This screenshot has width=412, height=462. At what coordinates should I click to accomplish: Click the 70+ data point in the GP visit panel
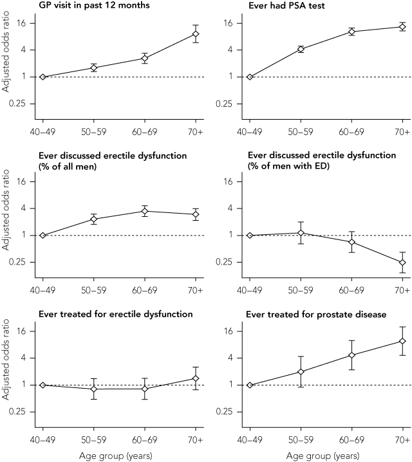pyautogui.click(x=196, y=33)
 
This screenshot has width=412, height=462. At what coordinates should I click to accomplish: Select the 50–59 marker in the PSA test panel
pyautogui.click(x=301, y=49)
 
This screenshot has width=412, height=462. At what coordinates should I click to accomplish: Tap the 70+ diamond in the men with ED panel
pyautogui.click(x=402, y=263)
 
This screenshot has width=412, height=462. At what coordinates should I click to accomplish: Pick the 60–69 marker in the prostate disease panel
pyautogui.click(x=351, y=355)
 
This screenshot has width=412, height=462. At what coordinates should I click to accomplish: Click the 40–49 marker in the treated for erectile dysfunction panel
pyautogui.click(x=42, y=385)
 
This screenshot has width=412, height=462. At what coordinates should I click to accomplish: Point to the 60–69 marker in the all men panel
pyautogui.click(x=145, y=211)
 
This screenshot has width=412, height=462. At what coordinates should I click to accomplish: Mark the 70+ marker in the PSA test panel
pyautogui.click(x=402, y=26)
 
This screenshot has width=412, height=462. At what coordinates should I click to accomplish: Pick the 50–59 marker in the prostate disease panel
pyautogui.click(x=301, y=371)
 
